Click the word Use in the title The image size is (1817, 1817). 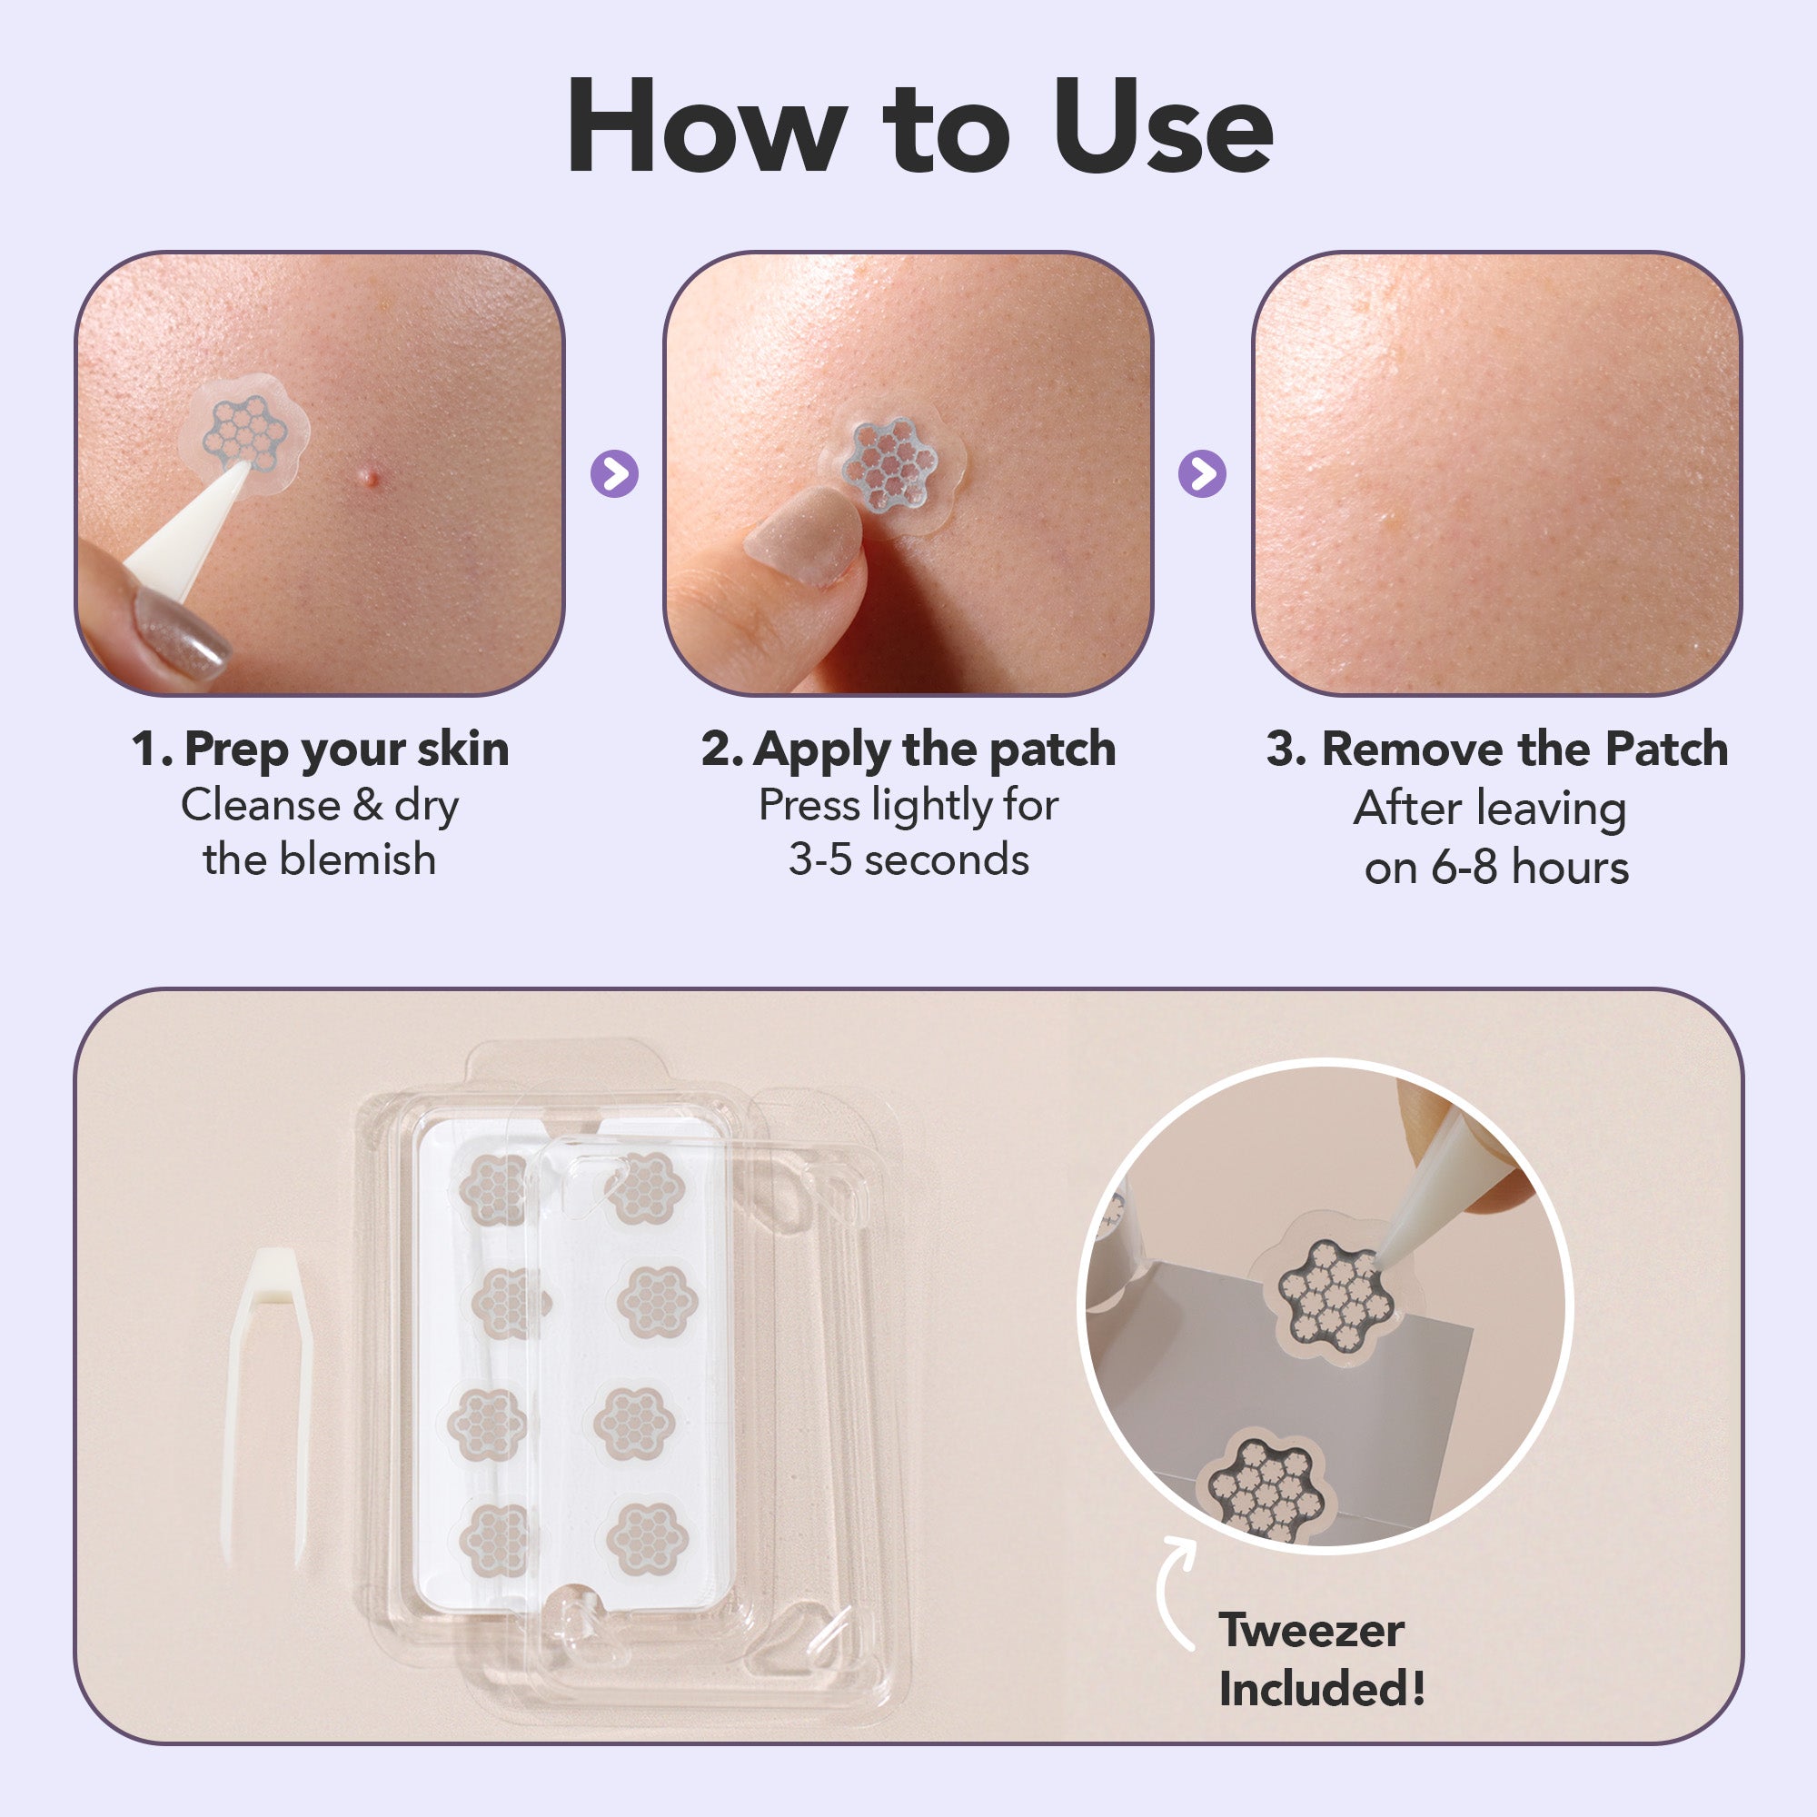pos(1164,127)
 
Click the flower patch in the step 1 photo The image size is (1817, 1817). pos(244,433)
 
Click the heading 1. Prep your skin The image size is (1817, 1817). pos(320,750)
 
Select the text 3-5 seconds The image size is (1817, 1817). pos(908,859)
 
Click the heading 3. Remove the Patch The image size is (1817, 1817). pos(1496,750)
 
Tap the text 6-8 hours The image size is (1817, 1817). pos(1529,867)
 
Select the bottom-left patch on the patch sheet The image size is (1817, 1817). pos(492,1541)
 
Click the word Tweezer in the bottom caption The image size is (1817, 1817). pos(1311,1631)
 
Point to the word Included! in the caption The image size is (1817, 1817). pos(1321,1689)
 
